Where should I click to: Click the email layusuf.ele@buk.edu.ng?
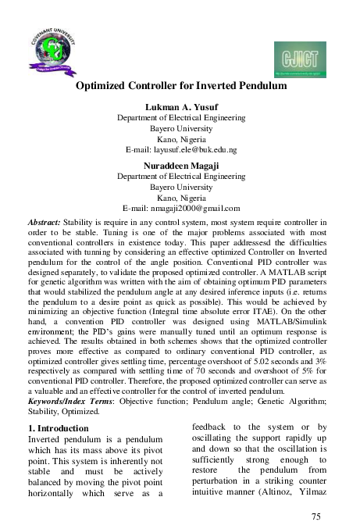(x=181, y=148)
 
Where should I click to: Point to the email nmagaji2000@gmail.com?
(x=181, y=209)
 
